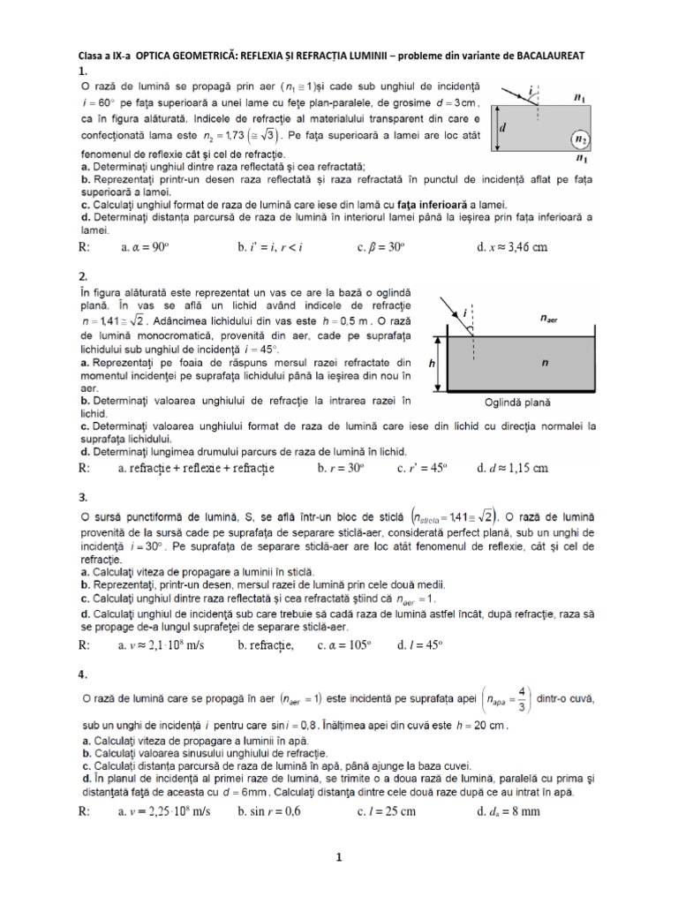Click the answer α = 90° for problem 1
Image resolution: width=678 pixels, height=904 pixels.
144,247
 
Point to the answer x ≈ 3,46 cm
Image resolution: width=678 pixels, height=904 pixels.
512,247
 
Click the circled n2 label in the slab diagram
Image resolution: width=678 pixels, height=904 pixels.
579,139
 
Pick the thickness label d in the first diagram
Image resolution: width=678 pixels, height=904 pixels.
503,127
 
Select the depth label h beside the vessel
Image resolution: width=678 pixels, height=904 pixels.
432,362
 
